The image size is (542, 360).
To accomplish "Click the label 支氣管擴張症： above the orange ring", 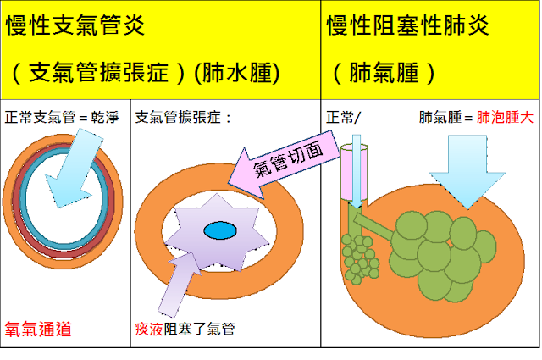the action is (184, 116).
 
